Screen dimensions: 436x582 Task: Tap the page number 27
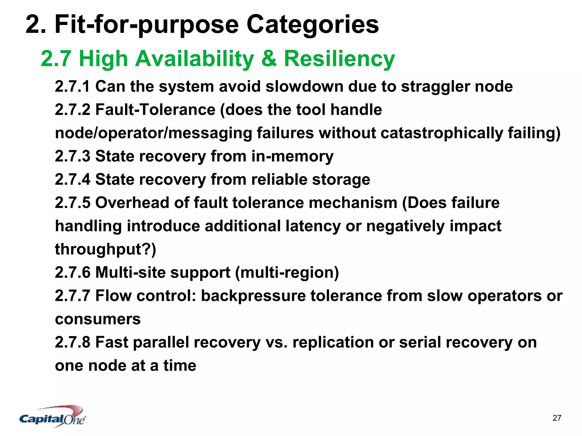tap(557, 418)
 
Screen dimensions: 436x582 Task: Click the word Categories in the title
tap(312, 25)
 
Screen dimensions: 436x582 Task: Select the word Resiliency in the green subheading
tap(339, 59)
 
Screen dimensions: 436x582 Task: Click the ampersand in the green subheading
tap(269, 59)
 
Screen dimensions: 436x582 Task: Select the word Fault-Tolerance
tap(155, 110)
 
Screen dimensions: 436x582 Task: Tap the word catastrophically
tap(442, 133)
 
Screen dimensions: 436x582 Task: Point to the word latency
tap(313, 227)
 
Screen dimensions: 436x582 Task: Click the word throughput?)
tap(105, 250)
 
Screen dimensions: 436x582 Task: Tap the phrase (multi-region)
tap(287, 273)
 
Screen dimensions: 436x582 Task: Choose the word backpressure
tap(253, 296)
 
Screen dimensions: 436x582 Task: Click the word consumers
tap(98, 319)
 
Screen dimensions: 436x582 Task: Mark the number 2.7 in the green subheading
tap(56, 59)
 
